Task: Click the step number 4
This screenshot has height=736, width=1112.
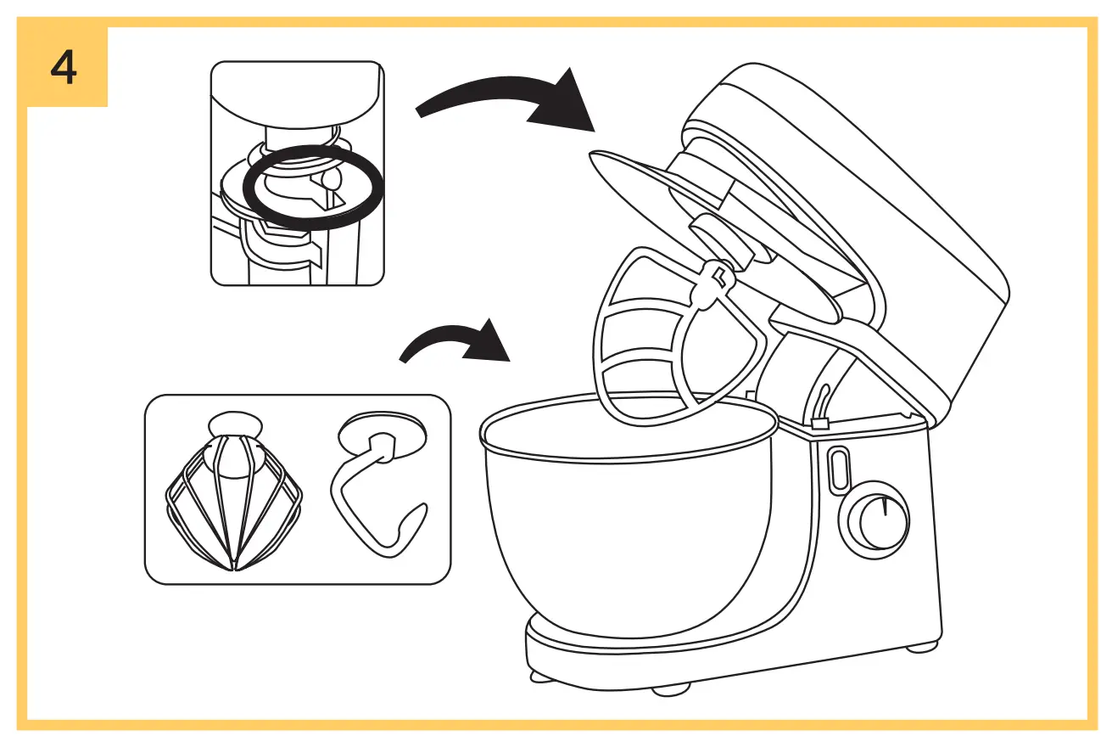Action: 64,67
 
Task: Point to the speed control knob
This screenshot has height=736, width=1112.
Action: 873,519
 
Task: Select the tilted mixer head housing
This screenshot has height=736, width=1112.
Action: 848,212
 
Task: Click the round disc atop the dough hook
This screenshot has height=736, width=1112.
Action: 382,435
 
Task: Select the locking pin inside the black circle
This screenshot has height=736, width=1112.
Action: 332,179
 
